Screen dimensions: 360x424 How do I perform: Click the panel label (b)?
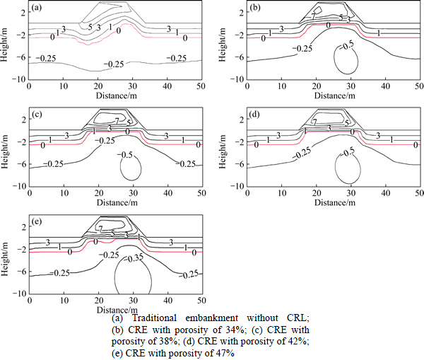coord(256,10)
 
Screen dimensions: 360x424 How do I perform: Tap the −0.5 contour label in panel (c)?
coord(127,154)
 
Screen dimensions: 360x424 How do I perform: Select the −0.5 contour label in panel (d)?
coord(347,153)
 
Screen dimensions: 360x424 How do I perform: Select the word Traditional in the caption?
coord(160,320)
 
